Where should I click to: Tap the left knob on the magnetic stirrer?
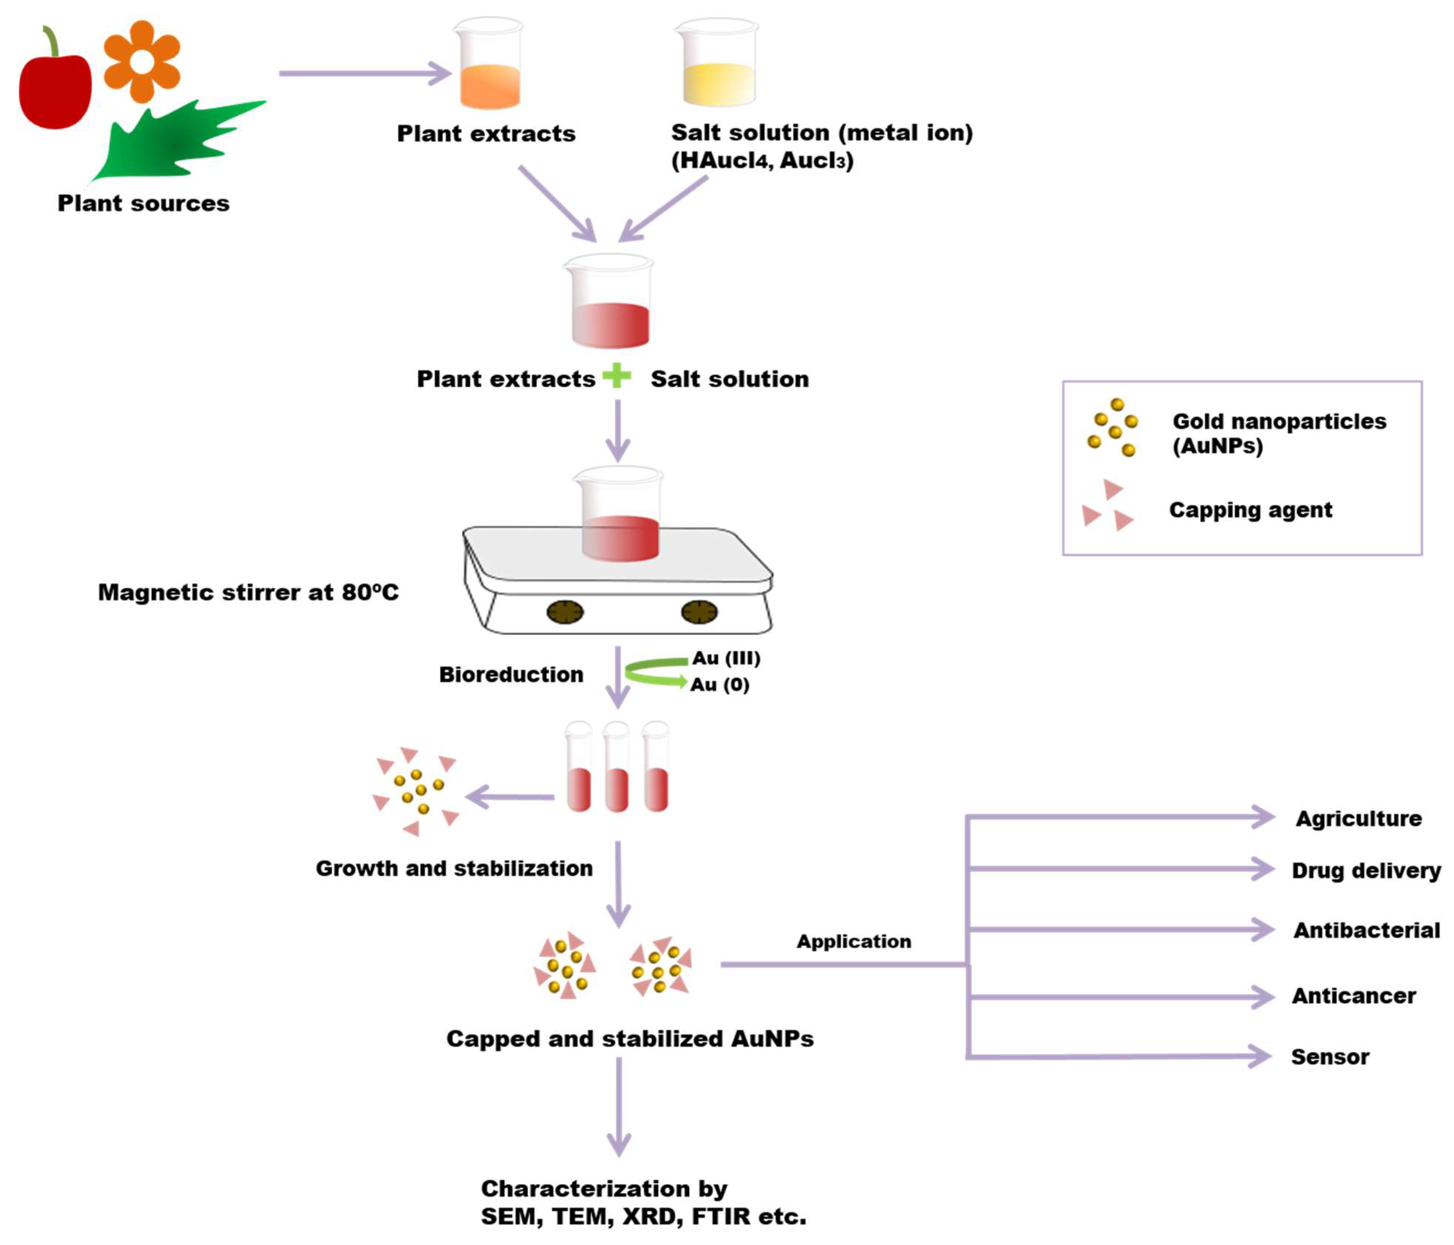coord(565,612)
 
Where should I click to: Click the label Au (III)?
coord(726,658)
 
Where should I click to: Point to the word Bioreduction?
coord(511,675)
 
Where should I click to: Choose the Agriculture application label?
coord(1358,818)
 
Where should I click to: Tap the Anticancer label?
coord(1353,996)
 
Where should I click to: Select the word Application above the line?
coord(853,941)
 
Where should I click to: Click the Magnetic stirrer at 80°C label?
coord(248,592)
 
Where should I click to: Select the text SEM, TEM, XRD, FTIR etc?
coord(643,1216)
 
